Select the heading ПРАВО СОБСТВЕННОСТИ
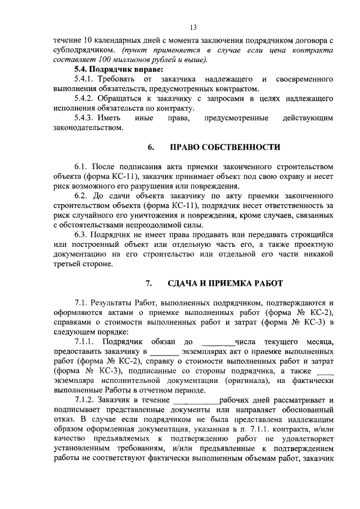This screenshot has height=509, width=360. tap(225, 147)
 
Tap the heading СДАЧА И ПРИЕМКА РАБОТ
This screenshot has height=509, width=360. tap(227, 282)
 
